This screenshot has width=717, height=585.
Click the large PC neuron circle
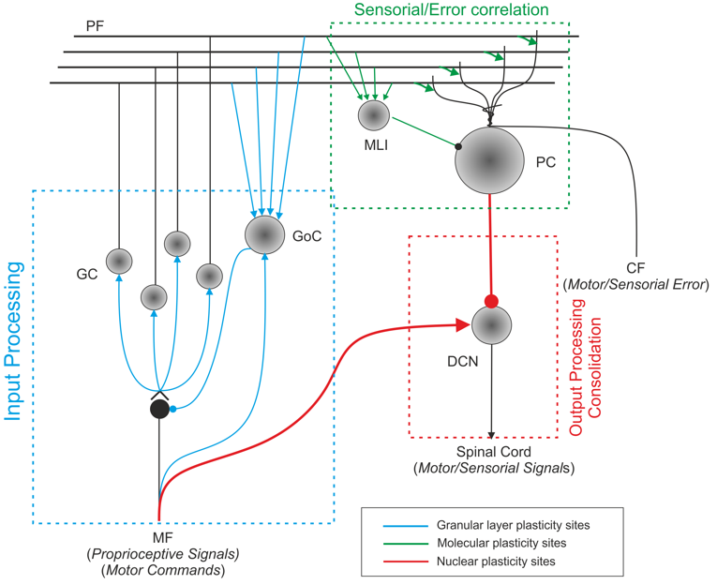pyautogui.click(x=489, y=159)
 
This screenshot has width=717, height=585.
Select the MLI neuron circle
pyautogui.click(x=374, y=115)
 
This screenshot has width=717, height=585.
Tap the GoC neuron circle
pyautogui.click(x=264, y=233)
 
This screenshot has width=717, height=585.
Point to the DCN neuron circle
pyautogui.click(x=491, y=326)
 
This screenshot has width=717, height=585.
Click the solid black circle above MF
pyautogui.click(x=159, y=409)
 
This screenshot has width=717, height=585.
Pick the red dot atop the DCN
pyautogui.click(x=491, y=301)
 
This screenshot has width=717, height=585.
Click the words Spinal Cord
pyautogui.click(x=494, y=451)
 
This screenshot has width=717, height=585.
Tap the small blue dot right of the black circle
pyautogui.click(x=172, y=408)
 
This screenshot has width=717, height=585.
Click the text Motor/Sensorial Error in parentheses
pyautogui.click(x=647, y=283)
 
